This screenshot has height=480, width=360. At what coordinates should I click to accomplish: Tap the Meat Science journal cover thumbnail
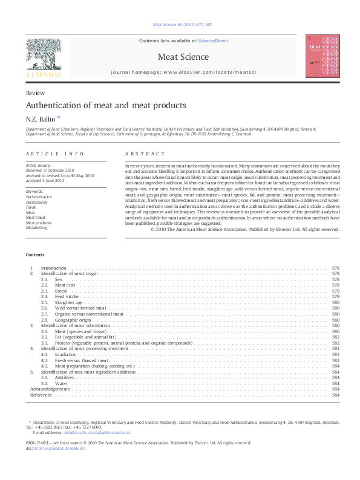[322, 56]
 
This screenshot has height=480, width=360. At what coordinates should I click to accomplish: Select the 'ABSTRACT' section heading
[145, 155]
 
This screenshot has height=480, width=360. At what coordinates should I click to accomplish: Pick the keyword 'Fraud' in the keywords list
[31, 207]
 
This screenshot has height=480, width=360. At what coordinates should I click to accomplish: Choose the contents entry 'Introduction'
[53, 267]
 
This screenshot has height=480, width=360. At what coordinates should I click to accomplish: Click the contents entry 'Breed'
[61, 291]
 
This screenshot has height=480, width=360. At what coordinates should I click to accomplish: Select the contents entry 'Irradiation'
[65, 354]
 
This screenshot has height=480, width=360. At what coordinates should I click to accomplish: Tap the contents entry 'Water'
[61, 383]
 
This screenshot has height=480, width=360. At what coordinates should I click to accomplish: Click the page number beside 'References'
[336, 395]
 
